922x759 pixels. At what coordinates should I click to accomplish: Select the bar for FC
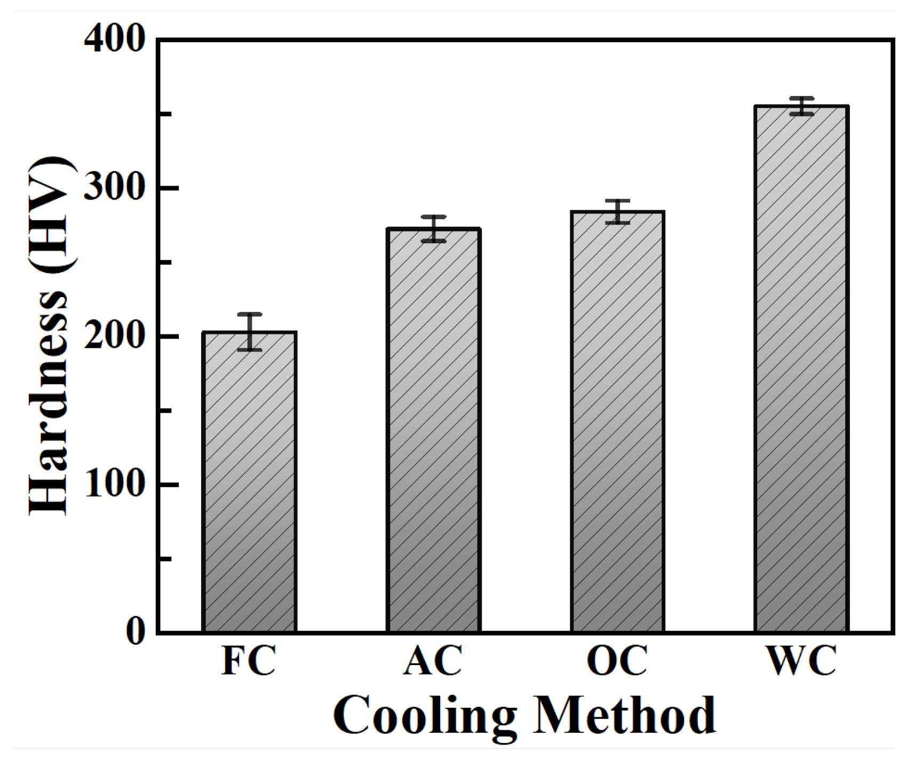coord(249,482)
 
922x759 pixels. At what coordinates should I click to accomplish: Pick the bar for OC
coord(617,421)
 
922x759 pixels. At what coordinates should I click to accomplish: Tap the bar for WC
coord(801,369)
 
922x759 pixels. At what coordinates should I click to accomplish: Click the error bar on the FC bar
coord(249,331)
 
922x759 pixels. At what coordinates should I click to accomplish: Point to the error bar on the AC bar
coord(433,229)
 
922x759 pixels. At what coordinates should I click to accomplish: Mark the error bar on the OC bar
coord(617,211)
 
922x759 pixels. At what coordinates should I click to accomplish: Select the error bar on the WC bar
coord(801,106)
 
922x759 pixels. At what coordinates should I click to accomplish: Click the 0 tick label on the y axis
coord(136,632)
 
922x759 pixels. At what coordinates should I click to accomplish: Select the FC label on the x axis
coord(249,661)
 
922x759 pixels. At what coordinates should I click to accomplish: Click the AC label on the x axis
coord(433,661)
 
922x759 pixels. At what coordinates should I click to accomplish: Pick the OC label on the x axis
coord(617,661)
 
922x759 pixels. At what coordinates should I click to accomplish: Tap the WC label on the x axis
coord(801,661)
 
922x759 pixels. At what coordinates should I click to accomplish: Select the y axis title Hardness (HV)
coord(51,336)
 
